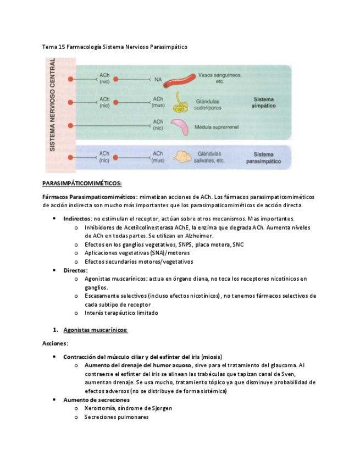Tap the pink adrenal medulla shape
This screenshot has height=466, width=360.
coord(181,126)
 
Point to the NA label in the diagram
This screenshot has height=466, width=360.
coord(158,80)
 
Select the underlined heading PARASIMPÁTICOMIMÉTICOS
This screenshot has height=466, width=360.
coord(82,183)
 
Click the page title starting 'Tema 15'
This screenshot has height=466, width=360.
coord(115,47)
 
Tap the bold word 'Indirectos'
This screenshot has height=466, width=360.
coord(77,218)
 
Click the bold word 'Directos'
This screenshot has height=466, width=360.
coord(75,270)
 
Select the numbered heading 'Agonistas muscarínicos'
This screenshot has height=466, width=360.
coord(96,330)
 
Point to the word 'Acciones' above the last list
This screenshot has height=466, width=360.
coord(55,343)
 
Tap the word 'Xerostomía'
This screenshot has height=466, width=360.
coord(99,408)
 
